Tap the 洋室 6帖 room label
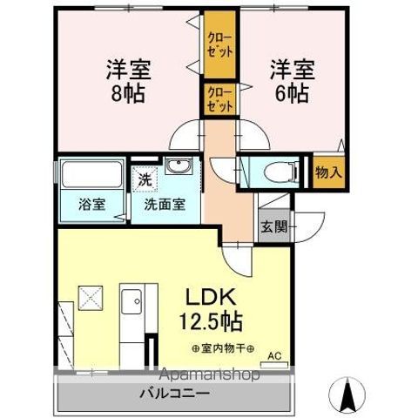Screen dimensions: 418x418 tap(287, 78)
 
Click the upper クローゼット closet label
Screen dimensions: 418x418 tap(219, 43)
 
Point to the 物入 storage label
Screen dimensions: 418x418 tap(328, 172)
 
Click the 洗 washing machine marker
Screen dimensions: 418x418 tap(142, 180)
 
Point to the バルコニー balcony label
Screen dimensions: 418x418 tap(174, 394)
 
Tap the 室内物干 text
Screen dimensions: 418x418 tap(221, 349)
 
